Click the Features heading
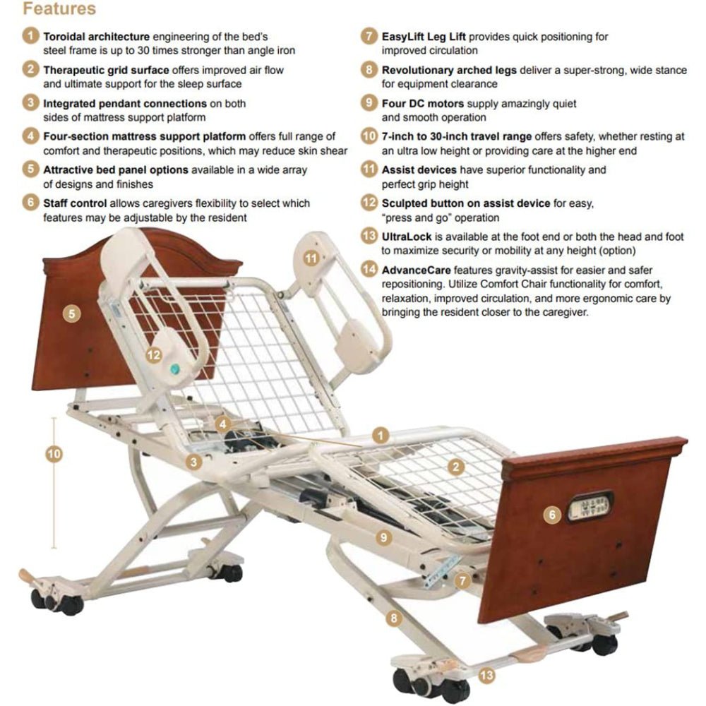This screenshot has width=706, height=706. pos(59,9)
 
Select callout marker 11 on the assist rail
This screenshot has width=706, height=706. pos(311,258)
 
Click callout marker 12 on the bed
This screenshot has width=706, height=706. pos(155,355)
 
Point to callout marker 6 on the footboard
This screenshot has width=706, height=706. pos(552,515)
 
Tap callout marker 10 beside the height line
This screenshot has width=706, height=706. pos(54,454)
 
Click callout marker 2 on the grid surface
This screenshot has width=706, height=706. pos(457,466)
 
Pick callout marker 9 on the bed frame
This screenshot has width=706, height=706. pos(383,537)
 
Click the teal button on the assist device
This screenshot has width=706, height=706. pos(174,369)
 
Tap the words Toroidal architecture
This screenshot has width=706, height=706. pos(96,36)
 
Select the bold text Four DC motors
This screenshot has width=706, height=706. pos(423,103)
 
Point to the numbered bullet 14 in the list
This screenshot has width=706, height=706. pos(369,269)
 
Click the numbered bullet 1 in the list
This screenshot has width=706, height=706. pos(30,36)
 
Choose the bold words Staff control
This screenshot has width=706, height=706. pos(77,203)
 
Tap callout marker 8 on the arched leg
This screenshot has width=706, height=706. pos(394,618)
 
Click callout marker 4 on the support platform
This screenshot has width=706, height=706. pos(224,424)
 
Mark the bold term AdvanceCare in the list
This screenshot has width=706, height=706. pos(417,270)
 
